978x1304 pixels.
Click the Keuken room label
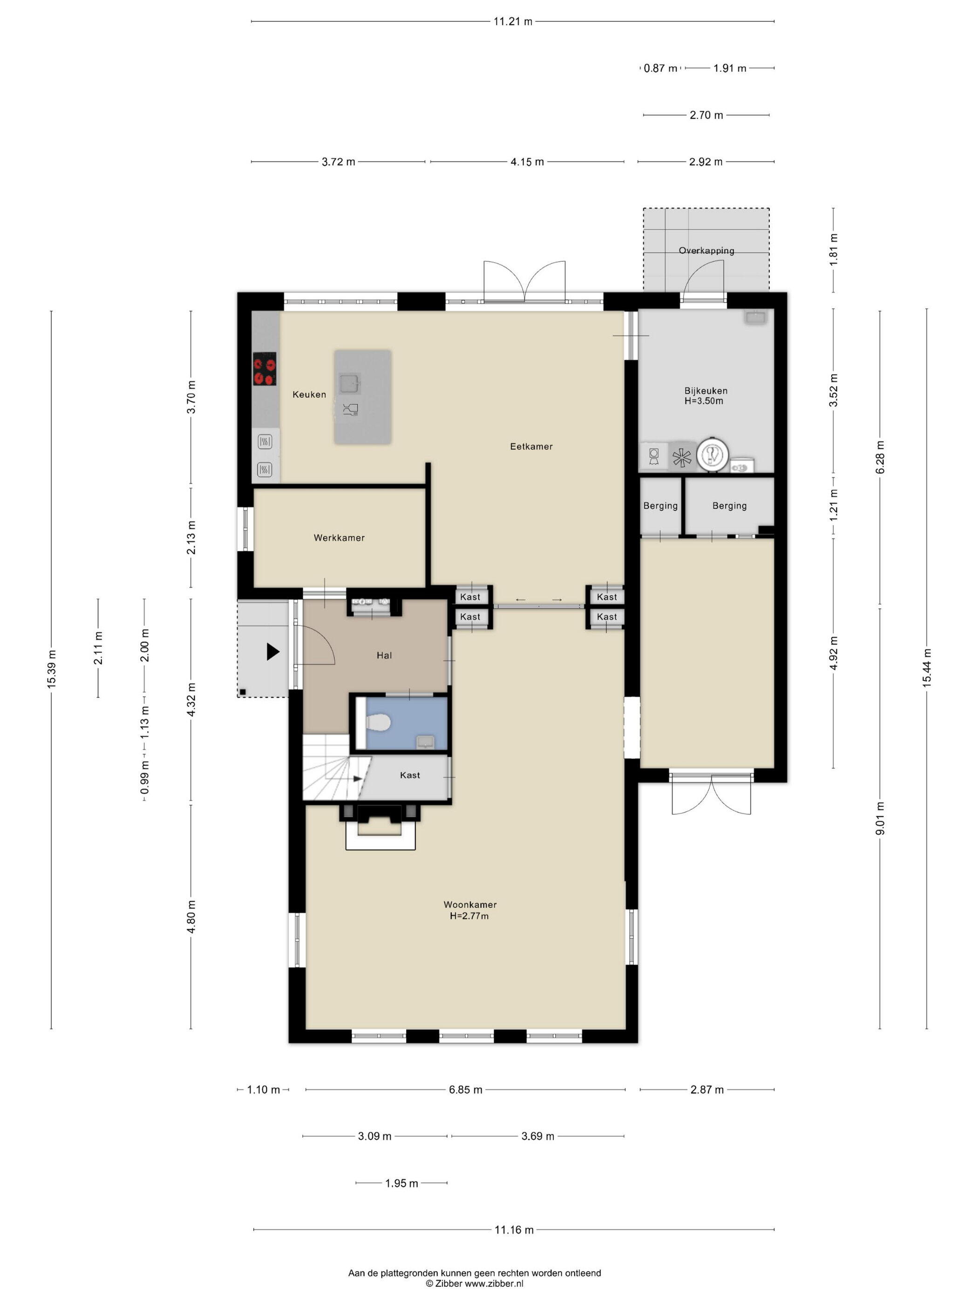pos(309,394)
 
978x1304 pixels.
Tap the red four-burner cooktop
pos(265,369)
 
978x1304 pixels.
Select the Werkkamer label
pos(339,537)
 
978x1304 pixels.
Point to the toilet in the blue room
pos(378,722)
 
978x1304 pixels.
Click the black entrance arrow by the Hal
pos(273,652)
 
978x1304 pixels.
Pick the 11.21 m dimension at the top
pos(513,22)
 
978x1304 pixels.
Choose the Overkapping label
pos(706,251)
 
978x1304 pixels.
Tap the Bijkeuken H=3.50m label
pos(706,395)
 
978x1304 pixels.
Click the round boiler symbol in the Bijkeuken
pos(713,455)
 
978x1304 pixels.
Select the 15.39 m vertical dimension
pos(51,669)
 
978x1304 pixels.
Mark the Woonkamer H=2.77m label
pos(470,910)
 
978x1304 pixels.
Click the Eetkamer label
pos(531,447)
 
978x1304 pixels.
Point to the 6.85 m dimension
pos(466,1090)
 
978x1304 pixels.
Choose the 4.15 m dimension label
pos(527,162)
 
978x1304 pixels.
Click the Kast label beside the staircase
pos(410,775)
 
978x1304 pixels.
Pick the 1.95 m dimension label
pos(401,1183)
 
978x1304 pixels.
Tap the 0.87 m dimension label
pos(660,68)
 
